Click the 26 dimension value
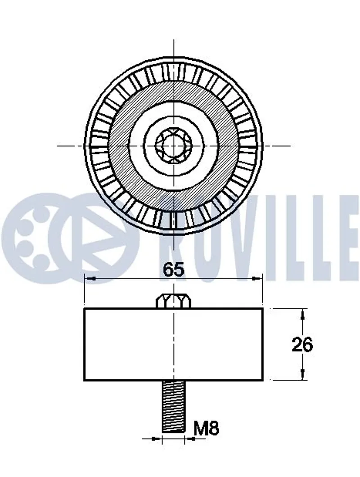302,345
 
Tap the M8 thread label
206,428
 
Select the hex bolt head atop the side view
173,301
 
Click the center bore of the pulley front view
173,145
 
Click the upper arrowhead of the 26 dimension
302,315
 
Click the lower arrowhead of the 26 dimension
302,374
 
